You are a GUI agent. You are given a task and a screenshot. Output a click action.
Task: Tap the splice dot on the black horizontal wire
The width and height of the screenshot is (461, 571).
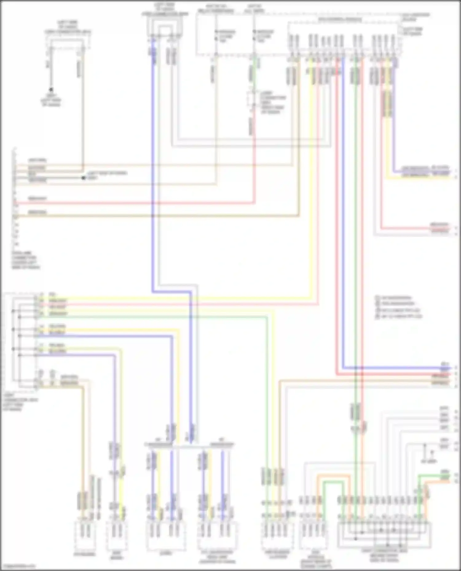(x=83, y=178)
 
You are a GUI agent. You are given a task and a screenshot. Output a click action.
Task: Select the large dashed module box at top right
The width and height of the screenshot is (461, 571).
(x=344, y=37)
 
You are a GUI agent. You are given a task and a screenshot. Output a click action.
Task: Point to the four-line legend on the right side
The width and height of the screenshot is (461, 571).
(x=398, y=307)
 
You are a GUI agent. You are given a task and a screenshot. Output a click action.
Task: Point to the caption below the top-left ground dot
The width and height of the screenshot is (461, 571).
(x=51, y=100)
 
